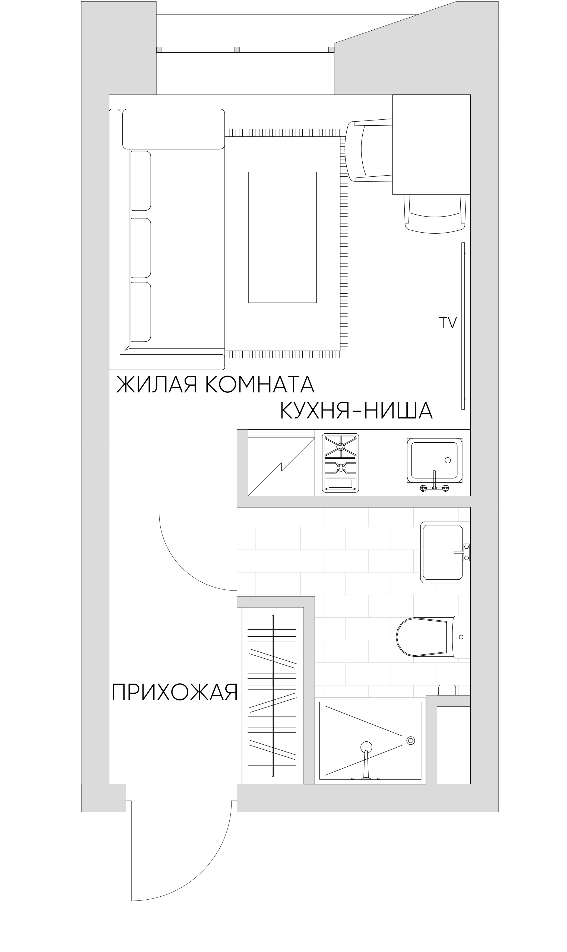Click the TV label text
pos(447,323)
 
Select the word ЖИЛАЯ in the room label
pos(157,385)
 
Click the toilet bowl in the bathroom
pos(422,637)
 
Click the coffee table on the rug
pos(282,237)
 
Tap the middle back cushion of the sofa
pos(141,247)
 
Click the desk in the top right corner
pos(431,144)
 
